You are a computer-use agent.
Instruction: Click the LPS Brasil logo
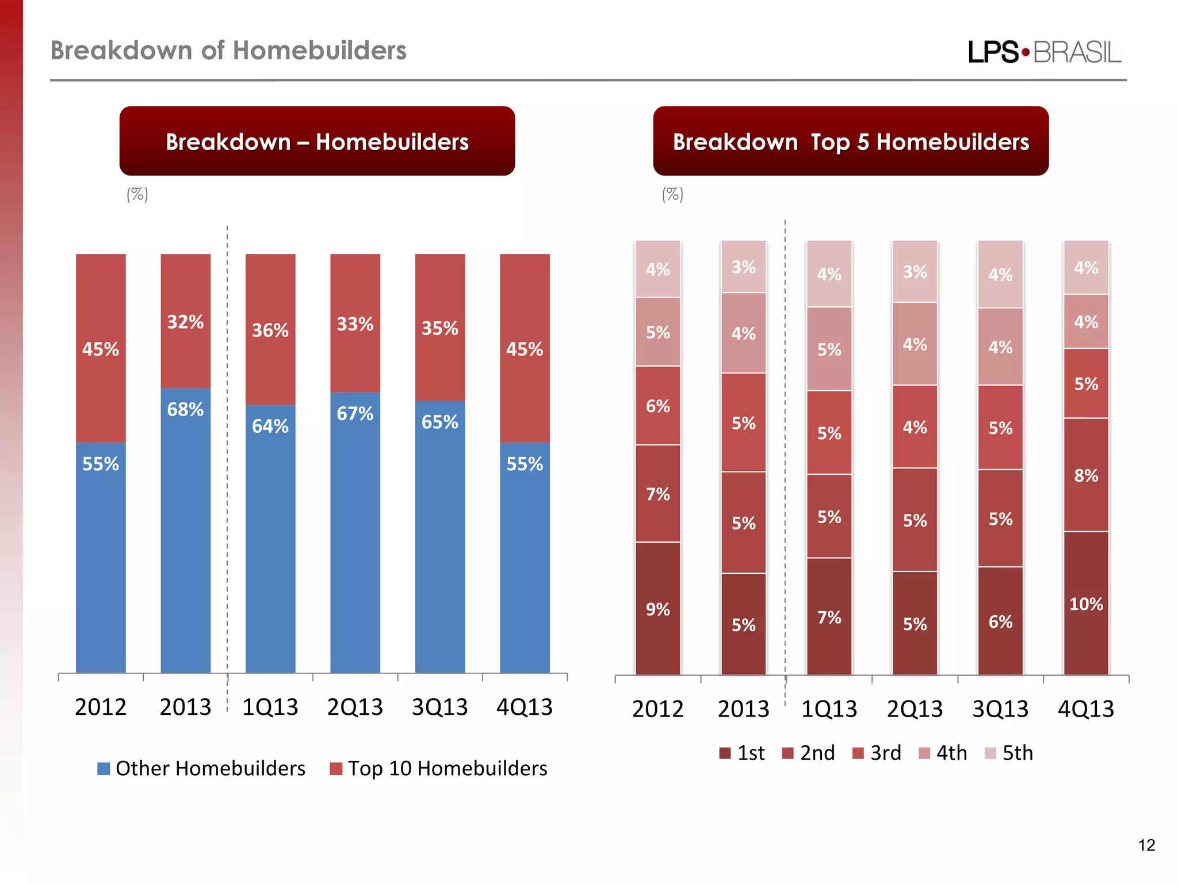tap(1044, 52)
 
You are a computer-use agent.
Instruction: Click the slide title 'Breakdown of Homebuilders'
tap(228, 51)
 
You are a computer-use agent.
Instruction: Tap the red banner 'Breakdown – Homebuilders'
tap(317, 142)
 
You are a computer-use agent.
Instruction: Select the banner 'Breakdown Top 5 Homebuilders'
tap(850, 142)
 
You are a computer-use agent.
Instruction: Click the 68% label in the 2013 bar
tap(185, 410)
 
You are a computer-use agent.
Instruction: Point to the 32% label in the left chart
tap(185, 322)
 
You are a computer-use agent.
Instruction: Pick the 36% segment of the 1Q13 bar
tap(270, 330)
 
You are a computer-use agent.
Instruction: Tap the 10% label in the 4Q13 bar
tap(1086, 604)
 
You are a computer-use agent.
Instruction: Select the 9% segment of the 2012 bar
tap(657, 609)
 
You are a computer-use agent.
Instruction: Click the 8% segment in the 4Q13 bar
tap(1086, 475)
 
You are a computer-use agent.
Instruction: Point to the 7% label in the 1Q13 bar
tap(829, 618)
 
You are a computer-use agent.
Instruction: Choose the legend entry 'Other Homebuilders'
tap(201, 769)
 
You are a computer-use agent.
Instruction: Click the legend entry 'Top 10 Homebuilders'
tap(439, 769)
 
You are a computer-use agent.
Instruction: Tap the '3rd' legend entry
tap(877, 753)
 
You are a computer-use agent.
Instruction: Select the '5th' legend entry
tap(1009, 753)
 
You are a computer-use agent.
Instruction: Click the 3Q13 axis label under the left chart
tap(439, 707)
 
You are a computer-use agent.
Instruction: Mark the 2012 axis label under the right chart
tap(657, 709)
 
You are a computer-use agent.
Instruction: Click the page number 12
tap(1146, 845)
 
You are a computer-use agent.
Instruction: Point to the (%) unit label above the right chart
tap(672, 195)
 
